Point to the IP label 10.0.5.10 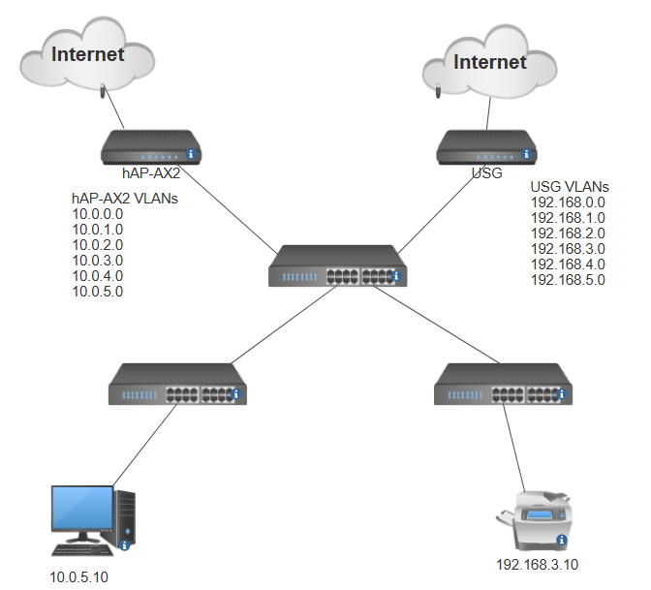coord(79,577)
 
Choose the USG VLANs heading coord(570,186)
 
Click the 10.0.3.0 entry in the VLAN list coord(98,260)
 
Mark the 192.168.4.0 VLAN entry coord(568,264)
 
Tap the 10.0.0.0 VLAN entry coord(98,213)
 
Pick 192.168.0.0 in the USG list coord(568,202)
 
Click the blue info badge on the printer coord(561,540)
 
